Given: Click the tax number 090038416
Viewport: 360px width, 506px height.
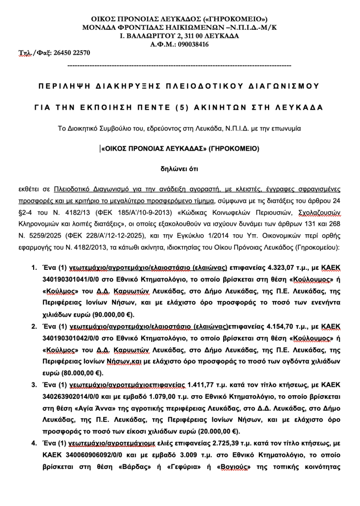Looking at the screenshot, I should [x=192, y=44].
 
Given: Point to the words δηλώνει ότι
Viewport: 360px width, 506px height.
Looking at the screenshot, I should [x=179, y=168].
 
